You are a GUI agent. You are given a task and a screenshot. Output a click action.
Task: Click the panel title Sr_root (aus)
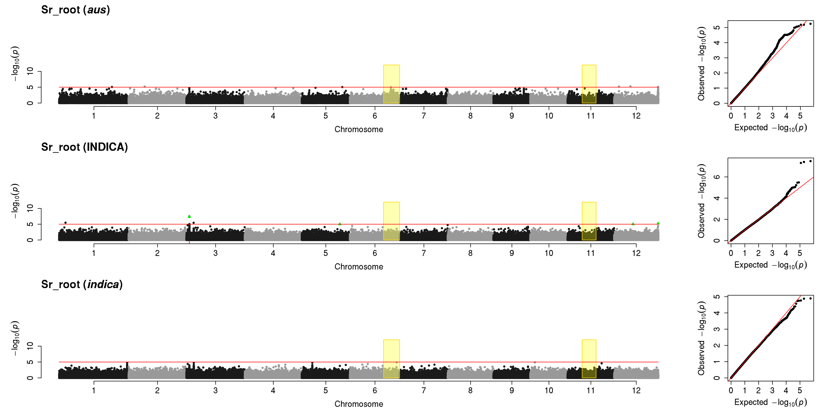click(x=76, y=10)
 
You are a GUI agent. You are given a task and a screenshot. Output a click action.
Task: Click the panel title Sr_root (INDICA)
click(x=84, y=147)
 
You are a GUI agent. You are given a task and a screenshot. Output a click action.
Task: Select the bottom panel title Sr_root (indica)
click(x=82, y=284)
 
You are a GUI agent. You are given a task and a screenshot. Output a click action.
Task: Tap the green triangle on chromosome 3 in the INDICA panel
click(x=189, y=217)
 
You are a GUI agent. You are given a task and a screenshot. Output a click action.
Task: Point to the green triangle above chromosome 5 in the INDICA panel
click(x=340, y=224)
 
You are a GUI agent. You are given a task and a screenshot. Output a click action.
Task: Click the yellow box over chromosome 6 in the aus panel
click(x=391, y=84)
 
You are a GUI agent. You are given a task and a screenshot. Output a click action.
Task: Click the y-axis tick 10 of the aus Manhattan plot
click(x=30, y=71)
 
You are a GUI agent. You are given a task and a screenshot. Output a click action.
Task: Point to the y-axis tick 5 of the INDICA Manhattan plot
click(x=30, y=224)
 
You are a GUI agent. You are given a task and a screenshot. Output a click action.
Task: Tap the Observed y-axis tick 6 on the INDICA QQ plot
click(x=717, y=177)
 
